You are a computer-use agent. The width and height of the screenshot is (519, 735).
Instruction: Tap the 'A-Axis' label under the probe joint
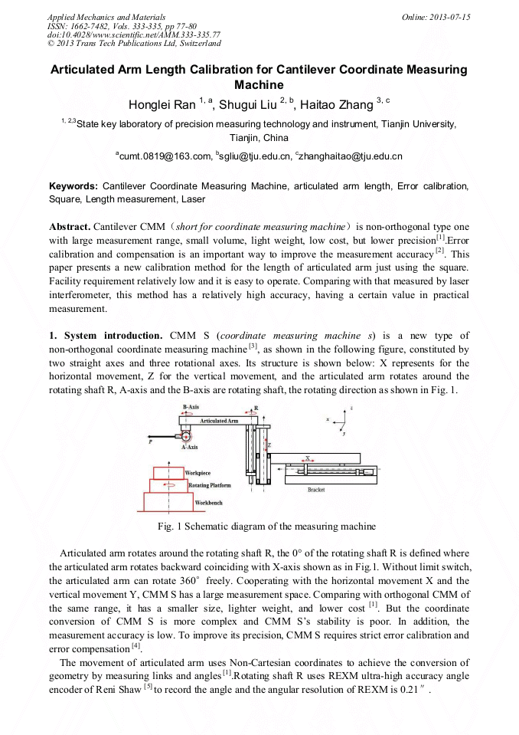190,447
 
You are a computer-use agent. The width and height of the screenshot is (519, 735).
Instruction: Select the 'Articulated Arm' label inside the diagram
219,422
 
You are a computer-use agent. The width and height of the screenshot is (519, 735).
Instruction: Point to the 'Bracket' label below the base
316,488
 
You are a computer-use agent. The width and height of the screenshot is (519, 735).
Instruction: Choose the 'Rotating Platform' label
209,485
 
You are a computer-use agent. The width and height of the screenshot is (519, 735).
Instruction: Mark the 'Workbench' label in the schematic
207,502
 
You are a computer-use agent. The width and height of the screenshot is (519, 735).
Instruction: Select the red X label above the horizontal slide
308,458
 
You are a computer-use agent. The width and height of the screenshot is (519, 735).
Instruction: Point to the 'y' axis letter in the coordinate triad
346,433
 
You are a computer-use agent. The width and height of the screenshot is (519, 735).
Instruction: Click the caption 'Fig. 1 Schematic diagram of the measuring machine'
266,527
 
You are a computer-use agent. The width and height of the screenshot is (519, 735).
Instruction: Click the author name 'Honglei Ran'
160,104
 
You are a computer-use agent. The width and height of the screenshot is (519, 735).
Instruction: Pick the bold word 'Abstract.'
70,228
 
